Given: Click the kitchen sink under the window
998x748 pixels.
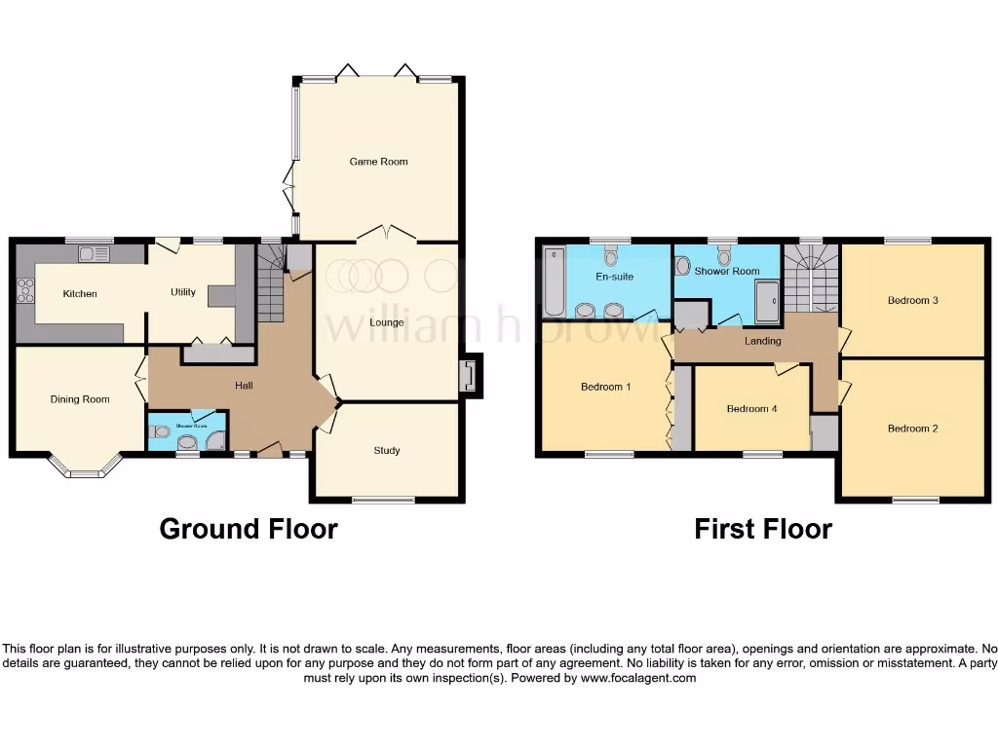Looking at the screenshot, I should [x=96, y=254].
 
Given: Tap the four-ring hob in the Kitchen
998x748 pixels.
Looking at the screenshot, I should [x=25, y=290].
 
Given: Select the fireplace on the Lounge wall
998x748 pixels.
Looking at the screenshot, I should [x=470, y=375].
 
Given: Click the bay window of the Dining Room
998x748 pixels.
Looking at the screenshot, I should [x=85, y=472].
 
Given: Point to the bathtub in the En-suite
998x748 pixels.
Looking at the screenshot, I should [x=554, y=281].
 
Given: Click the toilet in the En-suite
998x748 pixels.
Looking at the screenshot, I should [x=611, y=256].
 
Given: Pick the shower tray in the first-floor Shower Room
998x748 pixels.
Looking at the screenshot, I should [x=767, y=301].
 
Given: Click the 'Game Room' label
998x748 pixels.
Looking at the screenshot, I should [x=378, y=162].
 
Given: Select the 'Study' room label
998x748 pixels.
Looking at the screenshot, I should [x=387, y=451].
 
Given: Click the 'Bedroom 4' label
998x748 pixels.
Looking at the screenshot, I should [x=751, y=409].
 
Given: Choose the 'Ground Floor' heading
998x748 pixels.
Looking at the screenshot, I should [x=249, y=529].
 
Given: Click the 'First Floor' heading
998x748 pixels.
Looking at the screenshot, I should [x=762, y=529].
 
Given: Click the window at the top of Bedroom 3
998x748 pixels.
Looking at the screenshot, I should [x=907, y=241].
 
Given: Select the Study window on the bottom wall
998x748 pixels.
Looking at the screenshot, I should [x=382, y=501].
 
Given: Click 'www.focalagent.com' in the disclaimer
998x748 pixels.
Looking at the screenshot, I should [x=637, y=678].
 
